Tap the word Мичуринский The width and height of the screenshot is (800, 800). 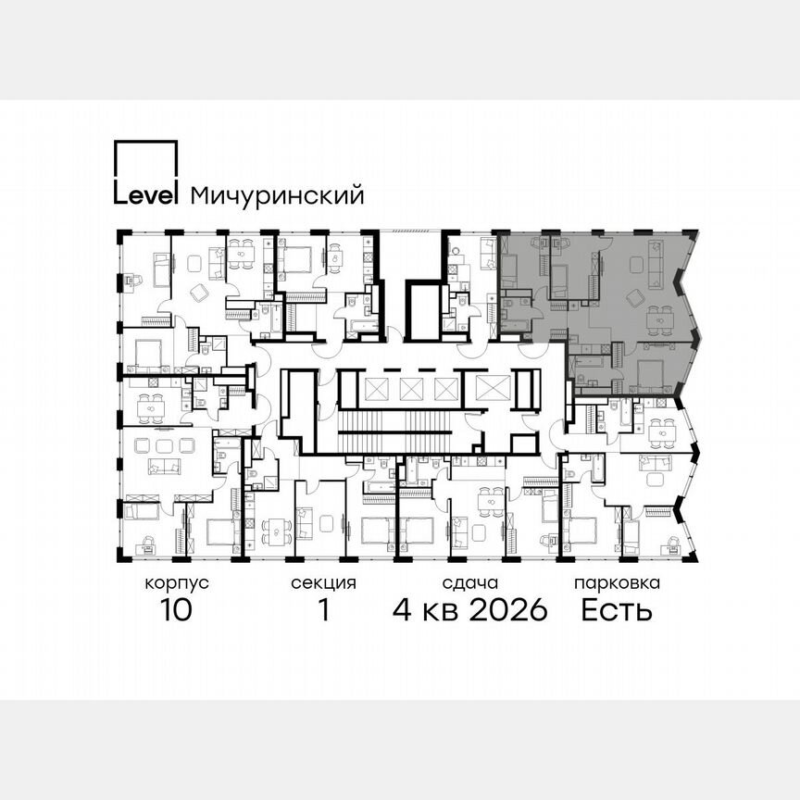coord(277,196)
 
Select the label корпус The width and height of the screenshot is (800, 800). coord(176,584)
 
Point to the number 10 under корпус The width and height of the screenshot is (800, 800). coord(176,611)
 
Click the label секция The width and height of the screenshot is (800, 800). coord(323,584)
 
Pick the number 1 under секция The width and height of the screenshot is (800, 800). coord(324,611)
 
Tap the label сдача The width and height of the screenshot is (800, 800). coord(470,584)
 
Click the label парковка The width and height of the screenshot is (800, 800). coord(617,584)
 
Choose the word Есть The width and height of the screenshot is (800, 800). coord(617,611)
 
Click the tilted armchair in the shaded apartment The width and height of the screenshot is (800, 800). coord(634,297)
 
